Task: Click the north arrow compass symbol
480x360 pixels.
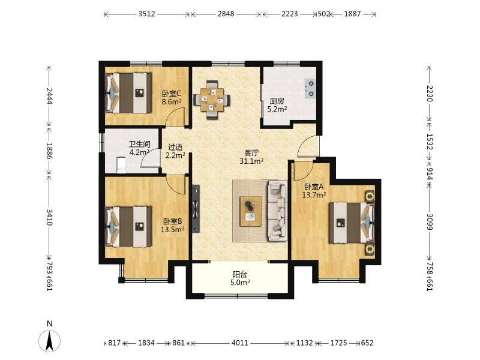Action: (x=49, y=340)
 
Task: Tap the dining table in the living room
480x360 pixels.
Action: (x=212, y=100)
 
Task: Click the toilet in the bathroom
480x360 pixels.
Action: (x=121, y=165)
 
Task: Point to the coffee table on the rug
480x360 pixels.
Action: (x=250, y=211)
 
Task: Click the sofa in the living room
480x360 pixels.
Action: (x=278, y=211)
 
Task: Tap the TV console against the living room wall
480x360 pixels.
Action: (x=196, y=209)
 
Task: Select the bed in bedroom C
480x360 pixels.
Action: (x=128, y=93)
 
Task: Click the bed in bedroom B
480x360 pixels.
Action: (x=128, y=227)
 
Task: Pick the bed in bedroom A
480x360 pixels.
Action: (x=352, y=223)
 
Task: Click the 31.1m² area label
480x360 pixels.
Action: (x=251, y=161)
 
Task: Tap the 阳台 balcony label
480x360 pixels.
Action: (x=239, y=274)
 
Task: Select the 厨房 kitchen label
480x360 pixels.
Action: (x=277, y=101)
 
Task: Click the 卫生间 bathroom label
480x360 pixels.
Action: (x=139, y=144)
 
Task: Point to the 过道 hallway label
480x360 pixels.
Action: (x=175, y=147)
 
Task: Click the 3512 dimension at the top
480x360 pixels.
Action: (x=146, y=14)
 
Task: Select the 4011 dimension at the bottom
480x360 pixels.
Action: (x=239, y=343)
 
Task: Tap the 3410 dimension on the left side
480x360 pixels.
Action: (x=49, y=217)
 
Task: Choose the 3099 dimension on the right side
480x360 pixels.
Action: (x=430, y=221)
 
